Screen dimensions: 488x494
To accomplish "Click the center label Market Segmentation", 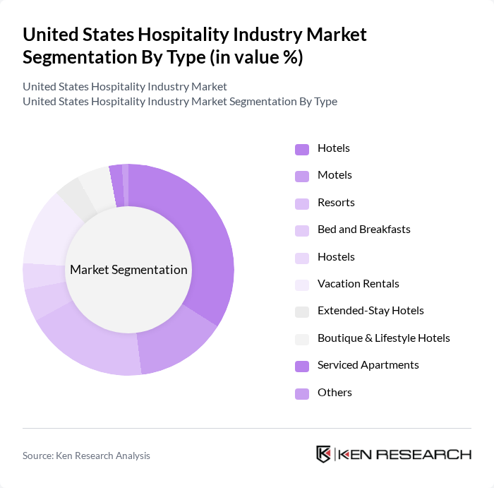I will click(128, 270).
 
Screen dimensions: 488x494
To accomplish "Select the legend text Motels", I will click(335, 175).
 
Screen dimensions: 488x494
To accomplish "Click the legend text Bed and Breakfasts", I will click(363, 230).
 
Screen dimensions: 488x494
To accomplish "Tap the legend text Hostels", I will click(336, 257).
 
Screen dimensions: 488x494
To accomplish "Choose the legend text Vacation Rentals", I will click(358, 284).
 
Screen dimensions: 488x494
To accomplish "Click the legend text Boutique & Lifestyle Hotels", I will click(383, 338).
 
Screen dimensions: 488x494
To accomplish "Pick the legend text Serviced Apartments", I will click(368, 365).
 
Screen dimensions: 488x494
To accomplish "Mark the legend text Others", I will click(335, 393).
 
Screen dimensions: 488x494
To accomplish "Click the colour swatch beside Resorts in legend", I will click(301, 203).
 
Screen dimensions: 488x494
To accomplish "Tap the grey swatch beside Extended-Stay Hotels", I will click(301, 311).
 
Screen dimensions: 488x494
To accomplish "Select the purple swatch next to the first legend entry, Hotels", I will click(301, 149).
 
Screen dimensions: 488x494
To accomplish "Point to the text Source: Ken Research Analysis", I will click(86, 456).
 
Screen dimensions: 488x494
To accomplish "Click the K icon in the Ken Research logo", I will click(324, 454).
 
